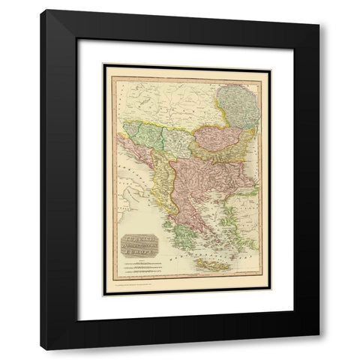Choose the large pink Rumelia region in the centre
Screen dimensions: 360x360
coord(196,180)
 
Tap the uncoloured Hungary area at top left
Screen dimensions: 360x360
coord(142,97)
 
